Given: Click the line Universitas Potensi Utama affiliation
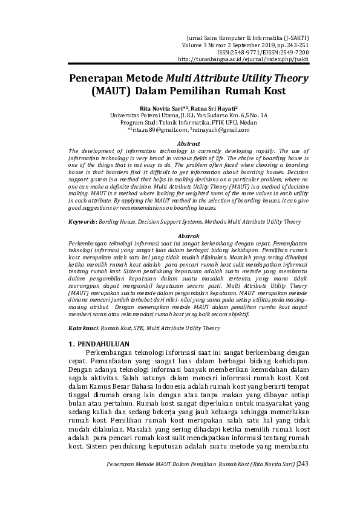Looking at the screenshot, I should click(x=180, y=115).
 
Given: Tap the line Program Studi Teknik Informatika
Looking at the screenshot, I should click(x=180, y=122).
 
